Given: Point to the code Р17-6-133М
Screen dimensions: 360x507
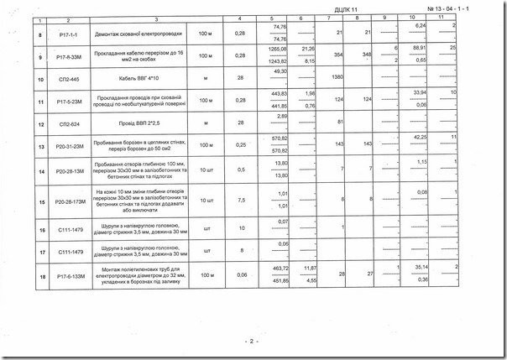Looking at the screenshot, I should click(x=69, y=274).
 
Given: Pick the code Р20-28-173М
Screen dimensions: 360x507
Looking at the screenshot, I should click(x=69, y=201).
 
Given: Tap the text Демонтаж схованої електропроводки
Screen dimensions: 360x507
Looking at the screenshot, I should click(x=140, y=33).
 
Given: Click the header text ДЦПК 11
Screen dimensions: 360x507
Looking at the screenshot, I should click(x=343, y=7).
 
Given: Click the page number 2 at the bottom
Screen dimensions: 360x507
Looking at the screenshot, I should click(x=250, y=342).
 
